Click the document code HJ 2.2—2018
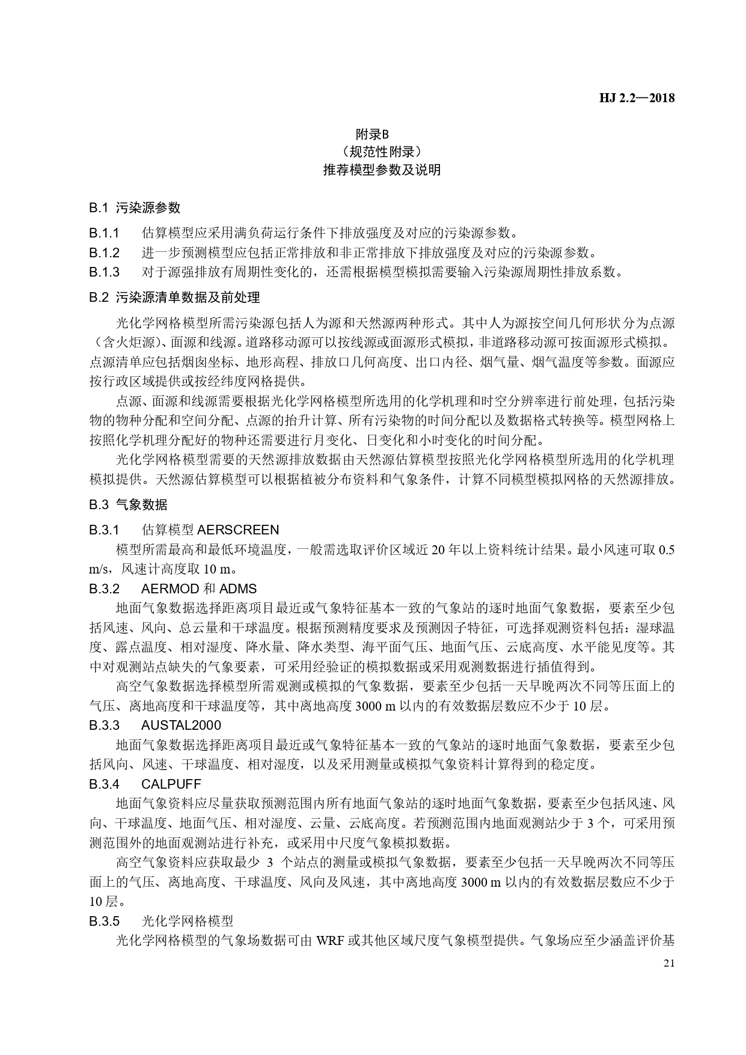point(637,98)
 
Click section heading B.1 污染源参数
point(135,208)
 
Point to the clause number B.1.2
point(105,252)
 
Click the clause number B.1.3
point(105,272)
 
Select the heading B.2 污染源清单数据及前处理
point(175,297)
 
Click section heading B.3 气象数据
point(128,504)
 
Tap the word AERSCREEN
point(238,530)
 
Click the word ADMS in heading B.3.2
point(238,589)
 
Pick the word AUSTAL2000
point(181,725)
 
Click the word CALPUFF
point(171,784)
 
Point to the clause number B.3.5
point(105,921)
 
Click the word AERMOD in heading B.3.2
point(171,589)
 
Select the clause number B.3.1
point(105,530)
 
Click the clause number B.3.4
point(105,784)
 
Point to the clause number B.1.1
point(105,233)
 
